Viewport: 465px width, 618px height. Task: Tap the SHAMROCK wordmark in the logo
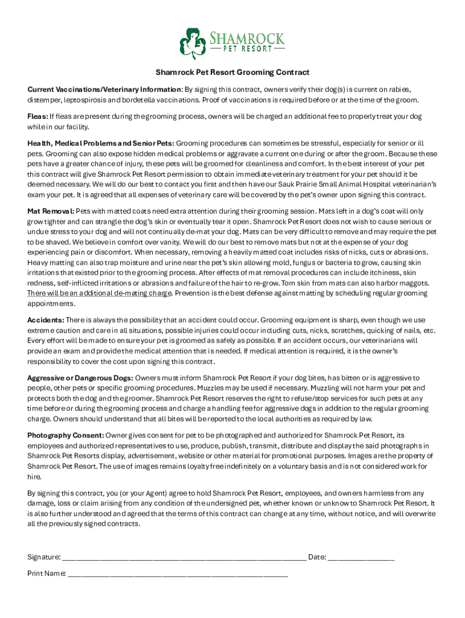(x=247, y=39)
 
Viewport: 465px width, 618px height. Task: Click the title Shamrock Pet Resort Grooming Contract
(x=232, y=72)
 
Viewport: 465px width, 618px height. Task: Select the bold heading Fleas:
(x=37, y=116)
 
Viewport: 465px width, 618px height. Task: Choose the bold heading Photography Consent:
(x=65, y=435)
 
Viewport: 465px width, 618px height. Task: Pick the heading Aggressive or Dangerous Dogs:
(x=80, y=377)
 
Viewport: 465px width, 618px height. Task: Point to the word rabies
(x=396, y=89)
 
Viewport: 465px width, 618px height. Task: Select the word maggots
(x=414, y=283)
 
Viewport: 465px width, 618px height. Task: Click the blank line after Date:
(x=361, y=558)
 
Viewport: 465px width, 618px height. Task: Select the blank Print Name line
(x=178, y=574)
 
